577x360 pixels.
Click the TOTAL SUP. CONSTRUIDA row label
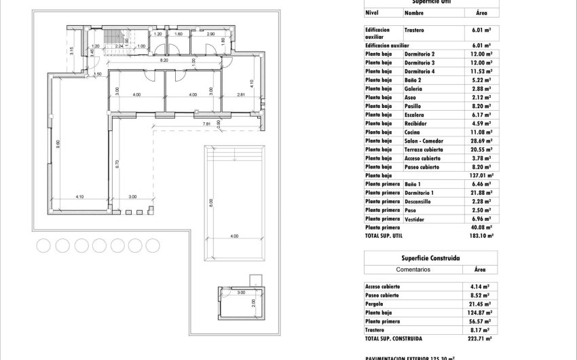click(394, 338)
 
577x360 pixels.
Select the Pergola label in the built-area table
click(375, 303)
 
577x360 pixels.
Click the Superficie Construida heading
click(431, 258)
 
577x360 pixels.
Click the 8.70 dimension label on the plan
click(117, 163)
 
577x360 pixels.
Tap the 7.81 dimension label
click(206, 124)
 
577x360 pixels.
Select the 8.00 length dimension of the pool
click(210, 202)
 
